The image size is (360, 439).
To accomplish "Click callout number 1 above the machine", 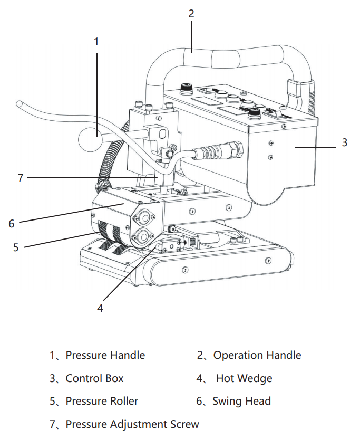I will [96, 41].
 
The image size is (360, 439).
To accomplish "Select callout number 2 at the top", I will [191, 14].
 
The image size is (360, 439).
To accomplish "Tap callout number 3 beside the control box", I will [344, 142].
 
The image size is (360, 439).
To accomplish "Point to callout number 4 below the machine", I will [100, 308].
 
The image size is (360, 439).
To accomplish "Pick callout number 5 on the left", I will [16, 247].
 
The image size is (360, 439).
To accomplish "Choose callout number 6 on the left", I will [12, 223].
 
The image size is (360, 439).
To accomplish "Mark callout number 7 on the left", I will [21, 178].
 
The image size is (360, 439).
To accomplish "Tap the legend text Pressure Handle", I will [105, 355].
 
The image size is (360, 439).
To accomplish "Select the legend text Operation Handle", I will [257, 355].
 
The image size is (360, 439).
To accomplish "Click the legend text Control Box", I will [94, 378].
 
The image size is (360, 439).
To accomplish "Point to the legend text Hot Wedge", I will [244, 378].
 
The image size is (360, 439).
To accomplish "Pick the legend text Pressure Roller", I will [102, 401].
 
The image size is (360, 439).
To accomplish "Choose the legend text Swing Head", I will [241, 401].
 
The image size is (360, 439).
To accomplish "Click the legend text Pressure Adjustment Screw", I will [132, 424].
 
